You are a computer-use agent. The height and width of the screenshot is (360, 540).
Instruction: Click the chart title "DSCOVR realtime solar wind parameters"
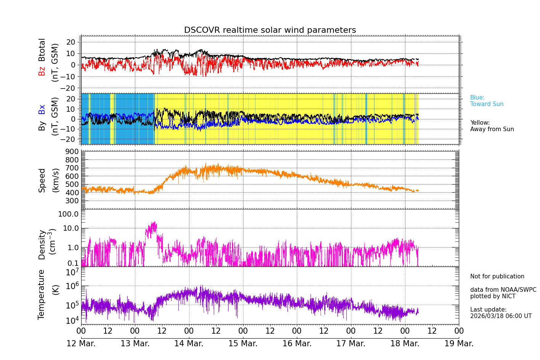pyautogui.click(x=270, y=30)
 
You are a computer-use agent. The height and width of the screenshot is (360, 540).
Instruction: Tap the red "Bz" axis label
pyautogui.click(x=42, y=71)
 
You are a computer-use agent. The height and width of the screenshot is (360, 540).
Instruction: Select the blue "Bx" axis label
pyautogui.click(x=42, y=109)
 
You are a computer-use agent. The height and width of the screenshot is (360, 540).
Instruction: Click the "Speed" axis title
pyautogui.click(x=42, y=180)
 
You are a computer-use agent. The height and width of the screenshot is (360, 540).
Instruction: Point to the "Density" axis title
pyautogui.click(x=42, y=244)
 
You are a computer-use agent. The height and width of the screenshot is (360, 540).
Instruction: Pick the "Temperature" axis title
pyautogui.click(x=42, y=294)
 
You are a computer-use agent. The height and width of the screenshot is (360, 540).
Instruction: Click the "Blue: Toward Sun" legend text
pyautogui.click(x=487, y=101)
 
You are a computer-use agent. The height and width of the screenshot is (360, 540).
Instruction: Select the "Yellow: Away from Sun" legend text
pyautogui.click(x=492, y=126)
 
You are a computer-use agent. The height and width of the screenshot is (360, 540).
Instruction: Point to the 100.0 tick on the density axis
pyautogui.click(x=69, y=214)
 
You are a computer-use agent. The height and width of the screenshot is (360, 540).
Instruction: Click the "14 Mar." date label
pyautogui.click(x=189, y=344)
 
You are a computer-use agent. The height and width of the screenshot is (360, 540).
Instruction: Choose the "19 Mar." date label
pyautogui.click(x=459, y=344)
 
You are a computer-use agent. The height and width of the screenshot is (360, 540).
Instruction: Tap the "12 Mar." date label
pyautogui.click(x=81, y=344)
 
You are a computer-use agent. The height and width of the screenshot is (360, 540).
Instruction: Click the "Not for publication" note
pyautogui.click(x=497, y=276)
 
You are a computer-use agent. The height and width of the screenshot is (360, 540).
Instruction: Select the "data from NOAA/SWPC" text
pyautogui.click(x=503, y=290)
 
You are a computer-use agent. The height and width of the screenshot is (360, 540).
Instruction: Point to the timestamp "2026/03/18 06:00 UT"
pyautogui.click(x=501, y=316)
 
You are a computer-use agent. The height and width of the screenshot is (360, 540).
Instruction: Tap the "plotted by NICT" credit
pyautogui.click(x=493, y=296)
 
